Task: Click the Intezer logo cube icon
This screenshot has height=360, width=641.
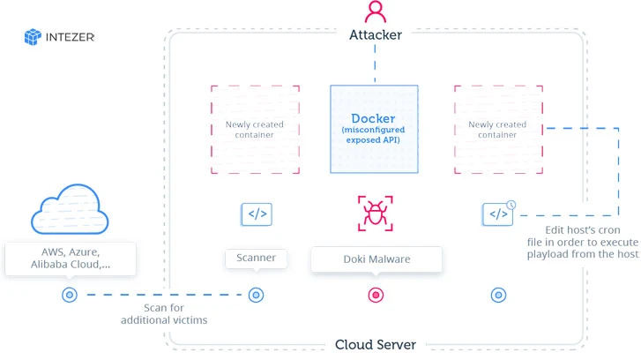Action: click(34, 37)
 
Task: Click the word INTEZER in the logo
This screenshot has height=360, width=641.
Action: click(71, 37)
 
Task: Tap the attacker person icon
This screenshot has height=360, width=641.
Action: click(375, 12)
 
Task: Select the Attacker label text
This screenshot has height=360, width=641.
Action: click(375, 35)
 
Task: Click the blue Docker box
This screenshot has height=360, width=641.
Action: click(374, 129)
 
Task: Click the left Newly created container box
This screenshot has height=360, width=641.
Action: click(255, 129)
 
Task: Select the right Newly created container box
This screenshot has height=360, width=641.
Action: click(498, 129)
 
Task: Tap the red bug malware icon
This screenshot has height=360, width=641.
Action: click(375, 214)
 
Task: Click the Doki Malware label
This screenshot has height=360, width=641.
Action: click(376, 259)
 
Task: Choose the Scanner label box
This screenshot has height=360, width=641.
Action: click(256, 259)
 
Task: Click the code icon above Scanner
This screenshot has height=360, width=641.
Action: click(256, 214)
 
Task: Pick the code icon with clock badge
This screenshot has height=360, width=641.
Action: click(499, 213)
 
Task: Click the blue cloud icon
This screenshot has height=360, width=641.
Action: click(70, 210)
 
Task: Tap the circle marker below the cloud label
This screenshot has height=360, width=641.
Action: click(70, 295)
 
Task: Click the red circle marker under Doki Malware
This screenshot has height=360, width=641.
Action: click(376, 295)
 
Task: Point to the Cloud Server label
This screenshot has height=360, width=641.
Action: click(375, 344)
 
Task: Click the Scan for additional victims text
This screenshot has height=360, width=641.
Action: click(164, 313)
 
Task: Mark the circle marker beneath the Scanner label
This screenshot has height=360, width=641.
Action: click(256, 295)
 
